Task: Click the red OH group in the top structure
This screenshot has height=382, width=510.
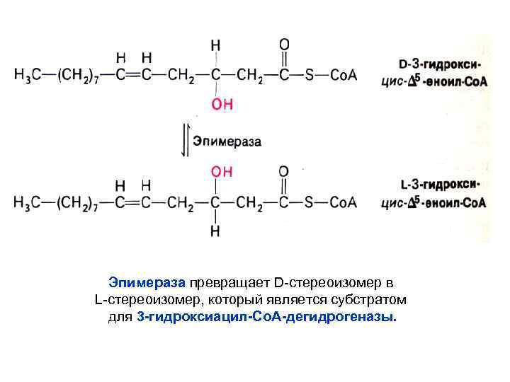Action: pos(222,105)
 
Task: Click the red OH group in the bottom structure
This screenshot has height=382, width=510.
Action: pos(222,172)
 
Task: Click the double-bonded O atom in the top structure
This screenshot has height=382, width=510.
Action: pos(284,45)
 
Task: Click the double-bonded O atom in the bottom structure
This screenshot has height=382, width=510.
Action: pos(284,172)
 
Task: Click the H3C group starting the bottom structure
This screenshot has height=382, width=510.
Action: pos(28,202)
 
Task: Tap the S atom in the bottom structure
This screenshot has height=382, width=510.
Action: pos(309,202)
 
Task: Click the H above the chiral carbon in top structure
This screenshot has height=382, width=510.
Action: pos(215,45)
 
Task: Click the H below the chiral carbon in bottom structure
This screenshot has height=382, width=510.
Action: pos(215,231)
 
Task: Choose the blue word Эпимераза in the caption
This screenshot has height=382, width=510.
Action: pos(147,283)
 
